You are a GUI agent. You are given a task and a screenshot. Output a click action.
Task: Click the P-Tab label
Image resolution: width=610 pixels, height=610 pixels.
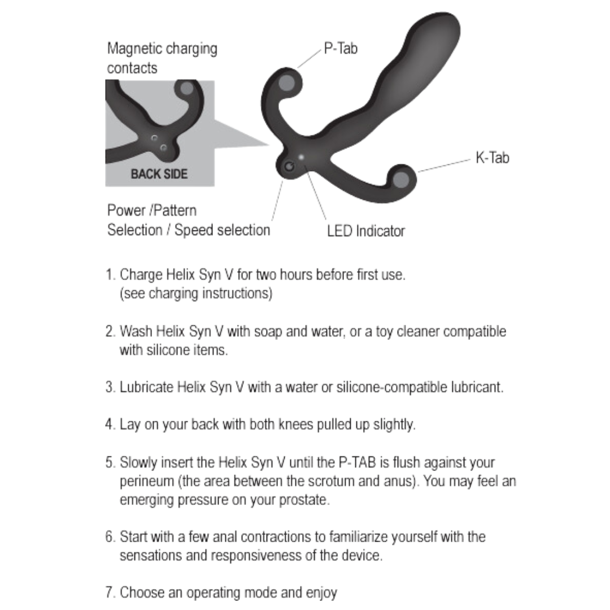[341, 49]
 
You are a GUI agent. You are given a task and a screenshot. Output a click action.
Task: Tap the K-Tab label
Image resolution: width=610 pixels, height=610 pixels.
[491, 158]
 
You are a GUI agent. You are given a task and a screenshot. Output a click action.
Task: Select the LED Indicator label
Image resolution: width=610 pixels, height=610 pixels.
[365, 231]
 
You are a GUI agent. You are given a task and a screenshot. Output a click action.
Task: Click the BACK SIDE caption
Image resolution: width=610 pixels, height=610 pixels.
[159, 174]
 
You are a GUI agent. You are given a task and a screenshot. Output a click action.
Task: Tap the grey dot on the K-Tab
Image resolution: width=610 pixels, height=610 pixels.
[401, 180]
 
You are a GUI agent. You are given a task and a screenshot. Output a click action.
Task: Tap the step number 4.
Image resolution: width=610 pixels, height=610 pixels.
[110, 424]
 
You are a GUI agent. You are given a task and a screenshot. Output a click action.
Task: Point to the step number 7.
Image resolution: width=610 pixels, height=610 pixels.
[110, 592]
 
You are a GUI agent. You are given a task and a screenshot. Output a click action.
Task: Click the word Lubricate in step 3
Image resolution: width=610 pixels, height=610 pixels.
[146, 387]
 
